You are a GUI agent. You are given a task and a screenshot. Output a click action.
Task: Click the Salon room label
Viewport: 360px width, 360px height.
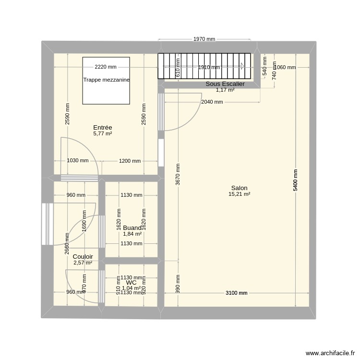(x=239, y=188)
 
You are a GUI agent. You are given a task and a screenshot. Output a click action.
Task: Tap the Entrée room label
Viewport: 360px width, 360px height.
(x=103, y=127)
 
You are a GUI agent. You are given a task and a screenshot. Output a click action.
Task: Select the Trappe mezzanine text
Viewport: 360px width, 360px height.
(x=106, y=80)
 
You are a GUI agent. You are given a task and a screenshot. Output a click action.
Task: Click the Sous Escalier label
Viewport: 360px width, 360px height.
(x=225, y=84)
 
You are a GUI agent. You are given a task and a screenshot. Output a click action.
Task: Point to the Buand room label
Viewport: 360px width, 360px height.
(x=132, y=228)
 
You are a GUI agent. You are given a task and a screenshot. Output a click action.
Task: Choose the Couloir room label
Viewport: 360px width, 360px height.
(x=83, y=257)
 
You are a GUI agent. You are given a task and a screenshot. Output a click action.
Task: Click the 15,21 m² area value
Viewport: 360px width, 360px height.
(x=239, y=194)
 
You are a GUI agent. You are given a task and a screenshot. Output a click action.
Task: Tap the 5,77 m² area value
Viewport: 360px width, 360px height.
(x=103, y=133)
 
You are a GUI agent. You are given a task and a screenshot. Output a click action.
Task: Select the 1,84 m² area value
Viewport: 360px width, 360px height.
(x=132, y=234)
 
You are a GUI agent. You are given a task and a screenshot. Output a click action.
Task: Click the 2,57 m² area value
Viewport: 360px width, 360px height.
(x=83, y=263)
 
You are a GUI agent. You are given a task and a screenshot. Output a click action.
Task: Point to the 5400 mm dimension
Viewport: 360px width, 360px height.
(x=295, y=180)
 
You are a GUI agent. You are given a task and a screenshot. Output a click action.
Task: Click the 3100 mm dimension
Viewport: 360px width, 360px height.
(x=236, y=293)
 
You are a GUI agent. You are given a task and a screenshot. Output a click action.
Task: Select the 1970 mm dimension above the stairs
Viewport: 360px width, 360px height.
(x=204, y=39)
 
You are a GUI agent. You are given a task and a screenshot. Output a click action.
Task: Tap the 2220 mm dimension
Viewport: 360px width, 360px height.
(x=106, y=67)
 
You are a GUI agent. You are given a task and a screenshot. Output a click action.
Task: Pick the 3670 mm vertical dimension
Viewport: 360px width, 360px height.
(x=178, y=175)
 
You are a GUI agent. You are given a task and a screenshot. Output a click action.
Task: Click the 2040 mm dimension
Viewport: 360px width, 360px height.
(x=212, y=102)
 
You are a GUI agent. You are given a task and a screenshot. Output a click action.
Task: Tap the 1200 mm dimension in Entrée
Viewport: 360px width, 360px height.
(x=130, y=161)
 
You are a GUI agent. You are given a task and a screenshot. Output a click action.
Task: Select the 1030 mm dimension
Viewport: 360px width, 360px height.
(x=77, y=161)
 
